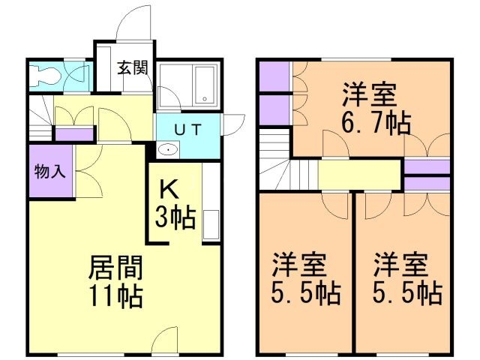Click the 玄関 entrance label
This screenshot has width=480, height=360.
click(x=132, y=67)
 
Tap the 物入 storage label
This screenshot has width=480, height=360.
click(x=50, y=171)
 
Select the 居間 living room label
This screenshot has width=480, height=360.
click(x=115, y=267)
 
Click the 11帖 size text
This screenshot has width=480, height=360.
click(x=115, y=297)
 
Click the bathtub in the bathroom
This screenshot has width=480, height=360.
click(x=205, y=86)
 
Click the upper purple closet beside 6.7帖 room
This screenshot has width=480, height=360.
click(x=274, y=74)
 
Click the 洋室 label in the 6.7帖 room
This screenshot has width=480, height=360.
click(x=370, y=94)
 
